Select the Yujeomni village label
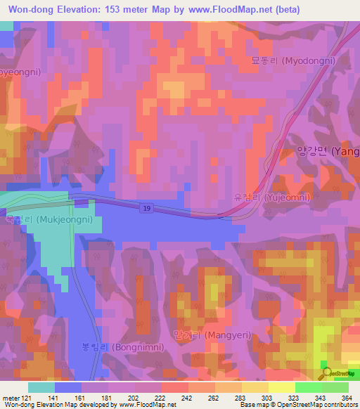(x=272, y=197)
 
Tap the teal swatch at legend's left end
(x=41, y=387)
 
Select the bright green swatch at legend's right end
(x=335, y=387)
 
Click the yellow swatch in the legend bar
(x=281, y=387)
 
